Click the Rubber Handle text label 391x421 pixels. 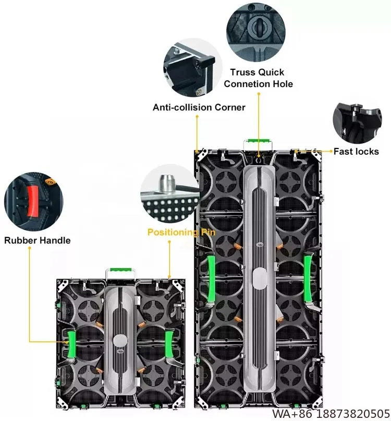coord(38,240)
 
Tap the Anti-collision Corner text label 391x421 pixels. coord(199,107)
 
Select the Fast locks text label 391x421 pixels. coord(357,151)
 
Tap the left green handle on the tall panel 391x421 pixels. coord(211,276)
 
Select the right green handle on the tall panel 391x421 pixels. coord(308,276)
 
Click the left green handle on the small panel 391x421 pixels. coord(71,346)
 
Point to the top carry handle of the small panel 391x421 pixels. coord(121,271)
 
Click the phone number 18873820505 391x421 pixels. coord(346,414)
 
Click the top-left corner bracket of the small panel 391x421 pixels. coord(64,285)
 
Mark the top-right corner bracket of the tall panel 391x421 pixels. coord(316,154)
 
